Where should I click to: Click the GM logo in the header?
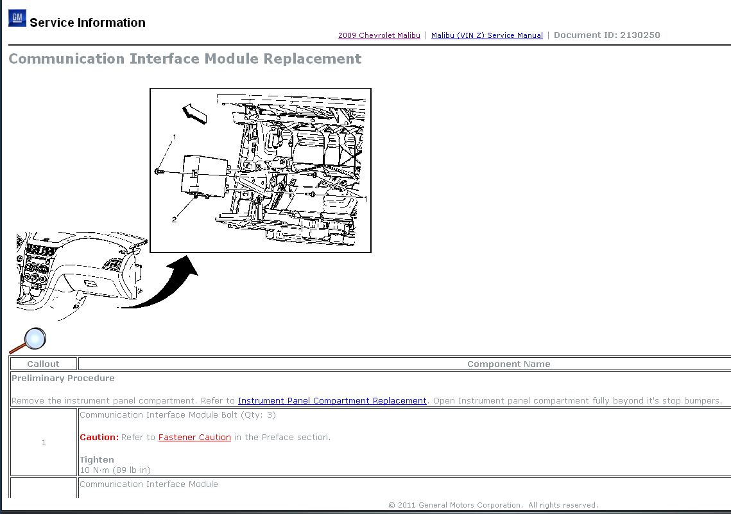pos(17,18)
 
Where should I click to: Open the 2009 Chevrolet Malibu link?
pos(379,35)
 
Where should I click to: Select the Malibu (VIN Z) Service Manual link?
pos(486,35)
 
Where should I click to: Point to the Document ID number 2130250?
pos(640,35)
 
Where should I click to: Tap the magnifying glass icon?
pos(28,341)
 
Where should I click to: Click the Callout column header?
pos(43,364)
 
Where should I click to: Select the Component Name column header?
pos(509,364)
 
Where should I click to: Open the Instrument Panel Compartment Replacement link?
pos(332,400)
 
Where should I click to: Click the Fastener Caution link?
pos(194,438)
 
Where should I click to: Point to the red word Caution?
pos(99,438)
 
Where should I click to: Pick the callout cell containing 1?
pos(44,443)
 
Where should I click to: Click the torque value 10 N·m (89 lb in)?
pos(115,470)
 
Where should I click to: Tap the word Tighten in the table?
pos(96,460)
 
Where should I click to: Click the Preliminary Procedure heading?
pos(63,378)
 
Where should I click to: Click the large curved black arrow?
pos(170,288)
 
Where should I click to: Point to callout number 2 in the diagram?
pos(174,220)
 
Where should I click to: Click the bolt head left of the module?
pos(157,172)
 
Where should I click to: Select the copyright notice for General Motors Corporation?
pos(493,505)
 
